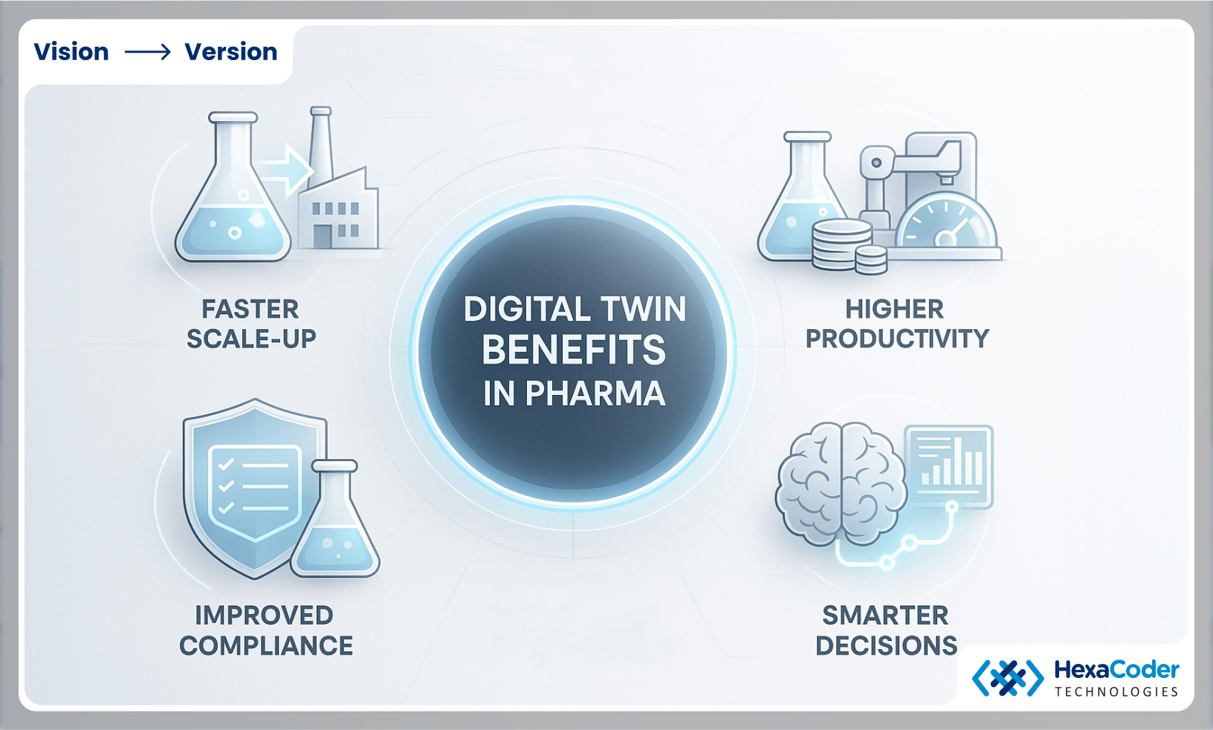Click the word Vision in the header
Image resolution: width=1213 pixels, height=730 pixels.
coord(71,52)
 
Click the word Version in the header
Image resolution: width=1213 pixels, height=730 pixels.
coord(230,52)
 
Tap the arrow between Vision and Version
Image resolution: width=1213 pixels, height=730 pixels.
coord(147,52)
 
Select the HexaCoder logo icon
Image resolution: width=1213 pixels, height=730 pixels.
coord(1007,677)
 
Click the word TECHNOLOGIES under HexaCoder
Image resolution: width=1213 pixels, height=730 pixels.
coord(1116,692)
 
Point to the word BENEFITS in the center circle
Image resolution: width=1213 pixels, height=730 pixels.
coord(574,351)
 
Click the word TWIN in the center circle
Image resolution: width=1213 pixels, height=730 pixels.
coord(644,310)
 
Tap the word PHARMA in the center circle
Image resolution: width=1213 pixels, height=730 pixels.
coord(595,394)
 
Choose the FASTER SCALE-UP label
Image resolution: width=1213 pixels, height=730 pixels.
coord(251,324)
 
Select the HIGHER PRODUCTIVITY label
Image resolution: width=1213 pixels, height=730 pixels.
coord(897,324)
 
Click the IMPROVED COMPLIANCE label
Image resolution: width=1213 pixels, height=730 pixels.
coord(265,630)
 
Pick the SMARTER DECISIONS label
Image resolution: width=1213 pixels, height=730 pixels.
coord(886,630)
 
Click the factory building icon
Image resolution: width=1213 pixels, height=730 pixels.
coord(338,212)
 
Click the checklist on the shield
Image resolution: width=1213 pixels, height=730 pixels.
coord(253,486)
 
